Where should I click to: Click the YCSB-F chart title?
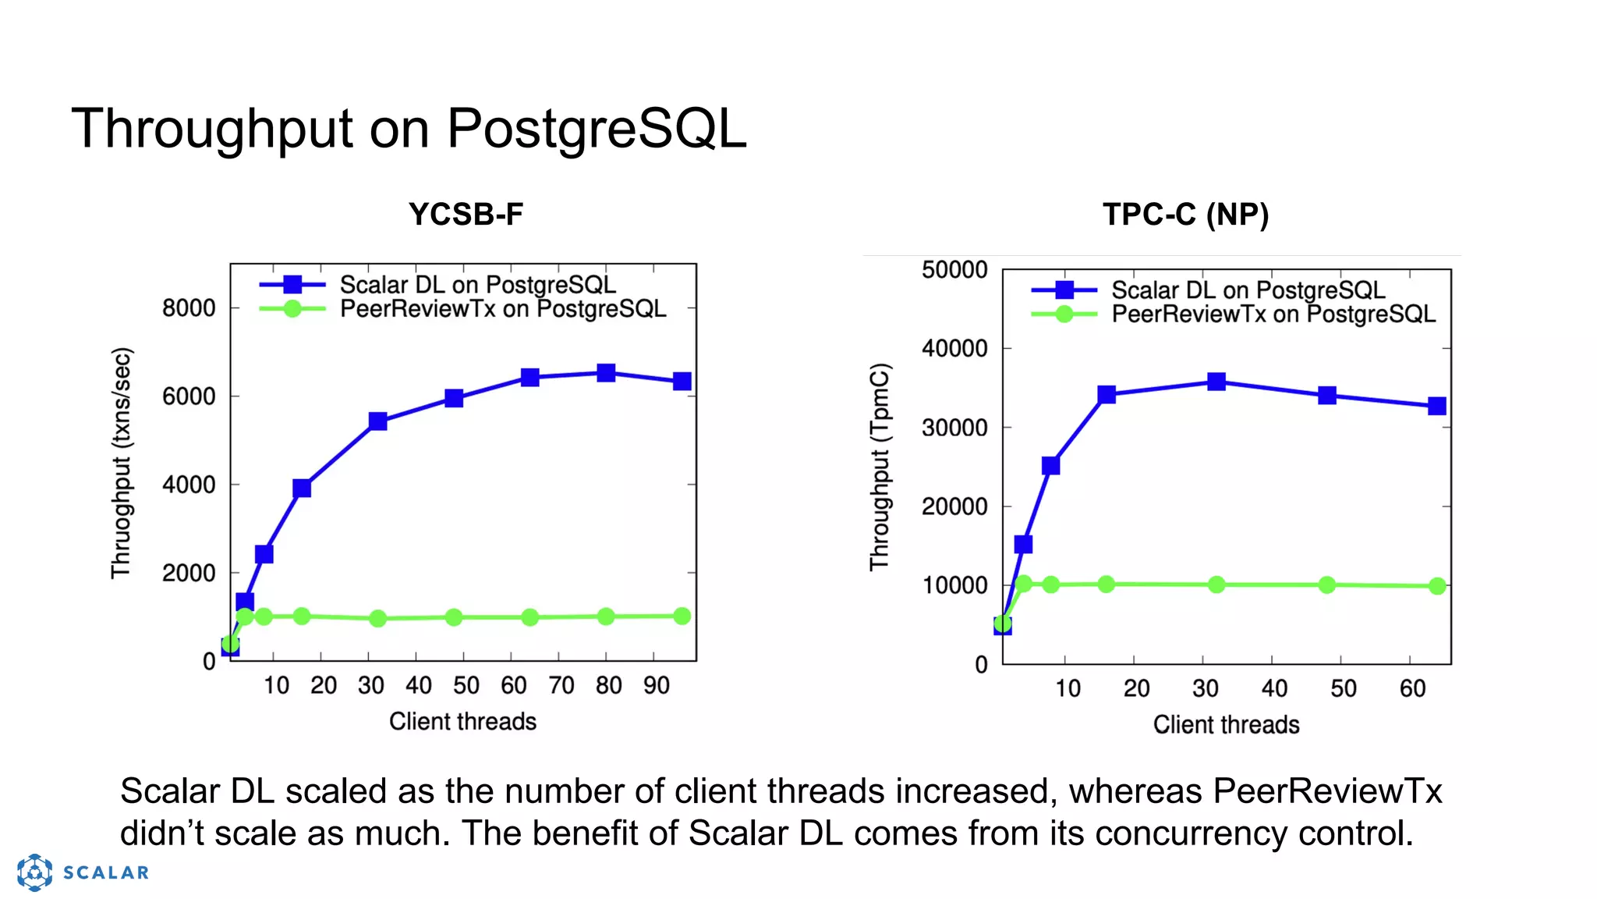466,215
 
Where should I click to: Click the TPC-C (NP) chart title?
1185,215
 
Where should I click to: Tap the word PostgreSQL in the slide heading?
597,129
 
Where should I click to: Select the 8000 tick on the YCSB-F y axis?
189,308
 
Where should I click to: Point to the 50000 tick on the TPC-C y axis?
954,270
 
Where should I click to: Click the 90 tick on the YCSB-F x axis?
657,686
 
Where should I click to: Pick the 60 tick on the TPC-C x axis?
1412,688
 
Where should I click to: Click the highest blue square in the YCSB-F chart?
606,373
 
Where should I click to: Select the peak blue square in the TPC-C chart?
1216,382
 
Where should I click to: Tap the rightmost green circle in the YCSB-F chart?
682,616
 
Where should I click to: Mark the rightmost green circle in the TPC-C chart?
1437,586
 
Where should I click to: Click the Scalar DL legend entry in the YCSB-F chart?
477,285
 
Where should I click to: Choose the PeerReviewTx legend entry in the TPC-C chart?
1273,314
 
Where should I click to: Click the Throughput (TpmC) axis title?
880,467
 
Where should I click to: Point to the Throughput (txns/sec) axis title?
122,463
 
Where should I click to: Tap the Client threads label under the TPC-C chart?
1226,725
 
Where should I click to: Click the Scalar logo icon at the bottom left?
35,872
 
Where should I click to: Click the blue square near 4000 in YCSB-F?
302,489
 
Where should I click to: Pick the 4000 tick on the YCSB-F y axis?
189,485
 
